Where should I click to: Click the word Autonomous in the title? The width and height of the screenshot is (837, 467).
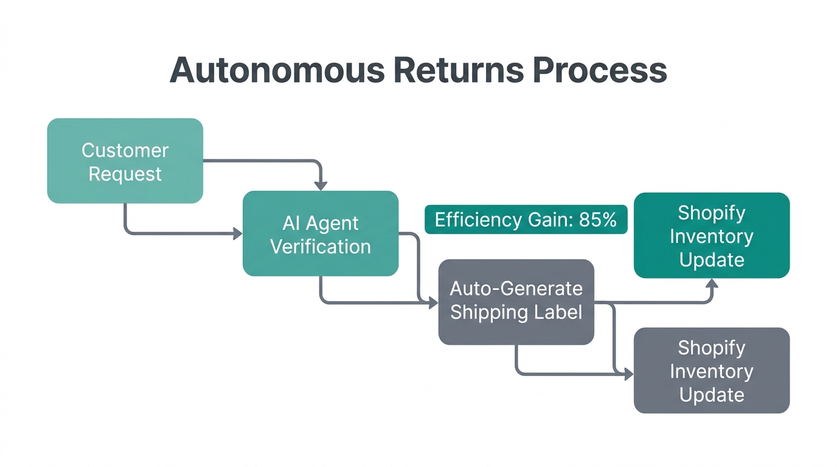pos(277,70)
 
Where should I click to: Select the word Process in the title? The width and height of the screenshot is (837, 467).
pos(600,70)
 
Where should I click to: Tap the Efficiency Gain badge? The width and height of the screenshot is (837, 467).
pos(526,220)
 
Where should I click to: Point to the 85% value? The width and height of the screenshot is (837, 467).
pos(598,220)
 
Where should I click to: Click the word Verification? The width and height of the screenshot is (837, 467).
pos(321,246)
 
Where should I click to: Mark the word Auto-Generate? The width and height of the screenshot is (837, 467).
pos(516,288)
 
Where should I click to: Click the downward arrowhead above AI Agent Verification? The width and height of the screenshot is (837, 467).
pos(321,185)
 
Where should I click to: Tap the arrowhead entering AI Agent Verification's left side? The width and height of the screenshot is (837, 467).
pos(238,233)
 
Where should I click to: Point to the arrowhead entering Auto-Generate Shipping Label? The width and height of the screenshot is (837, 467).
pos(433,303)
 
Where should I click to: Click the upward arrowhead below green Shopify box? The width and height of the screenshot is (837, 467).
pos(712,283)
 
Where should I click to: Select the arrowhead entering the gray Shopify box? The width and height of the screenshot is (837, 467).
pos(628,375)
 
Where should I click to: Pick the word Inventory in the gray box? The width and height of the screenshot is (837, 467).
pos(712,371)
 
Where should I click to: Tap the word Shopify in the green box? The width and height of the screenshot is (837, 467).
pos(712,213)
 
